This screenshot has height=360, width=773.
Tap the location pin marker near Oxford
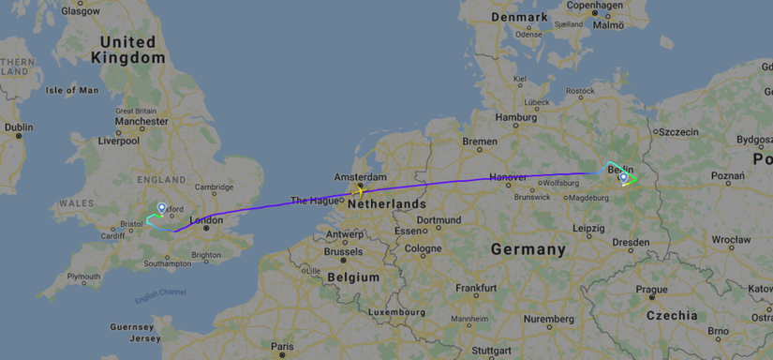161,207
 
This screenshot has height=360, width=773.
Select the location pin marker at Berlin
623,176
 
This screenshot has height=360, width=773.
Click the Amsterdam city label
361,176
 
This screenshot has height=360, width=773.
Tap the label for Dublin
19,127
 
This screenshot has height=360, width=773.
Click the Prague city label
653,289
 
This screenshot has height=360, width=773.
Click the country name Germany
528,250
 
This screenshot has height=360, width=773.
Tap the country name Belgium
353,277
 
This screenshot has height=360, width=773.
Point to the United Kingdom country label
127,50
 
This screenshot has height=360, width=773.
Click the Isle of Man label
72,91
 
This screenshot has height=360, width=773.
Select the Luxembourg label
391,311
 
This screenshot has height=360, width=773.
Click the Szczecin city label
678,132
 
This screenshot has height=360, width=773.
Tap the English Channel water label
159,298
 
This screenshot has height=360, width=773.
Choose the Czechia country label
671,316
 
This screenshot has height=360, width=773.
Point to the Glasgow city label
81,11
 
